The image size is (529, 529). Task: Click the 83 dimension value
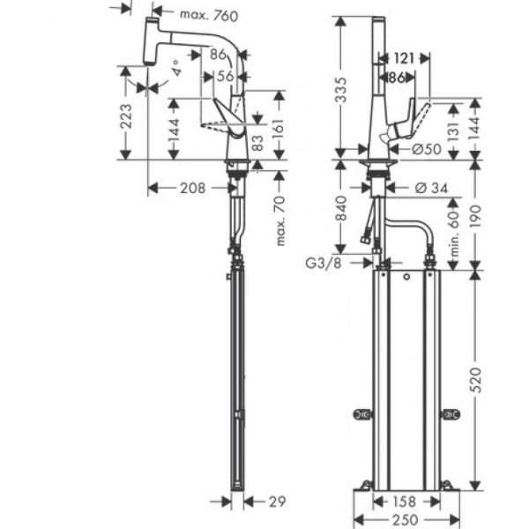257,142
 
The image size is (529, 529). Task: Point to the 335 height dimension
340,87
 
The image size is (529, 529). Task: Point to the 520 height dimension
477,379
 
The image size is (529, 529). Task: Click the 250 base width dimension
406,521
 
